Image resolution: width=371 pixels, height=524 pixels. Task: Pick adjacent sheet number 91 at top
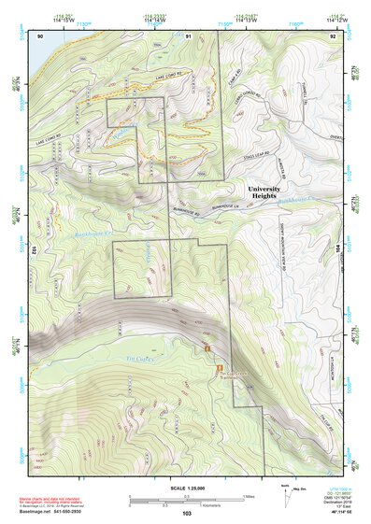coord(188,35)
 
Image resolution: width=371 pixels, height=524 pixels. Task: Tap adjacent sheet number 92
coord(333,35)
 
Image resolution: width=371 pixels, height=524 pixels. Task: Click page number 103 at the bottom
coord(187,514)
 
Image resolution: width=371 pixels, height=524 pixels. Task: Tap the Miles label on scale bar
coord(248,496)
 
